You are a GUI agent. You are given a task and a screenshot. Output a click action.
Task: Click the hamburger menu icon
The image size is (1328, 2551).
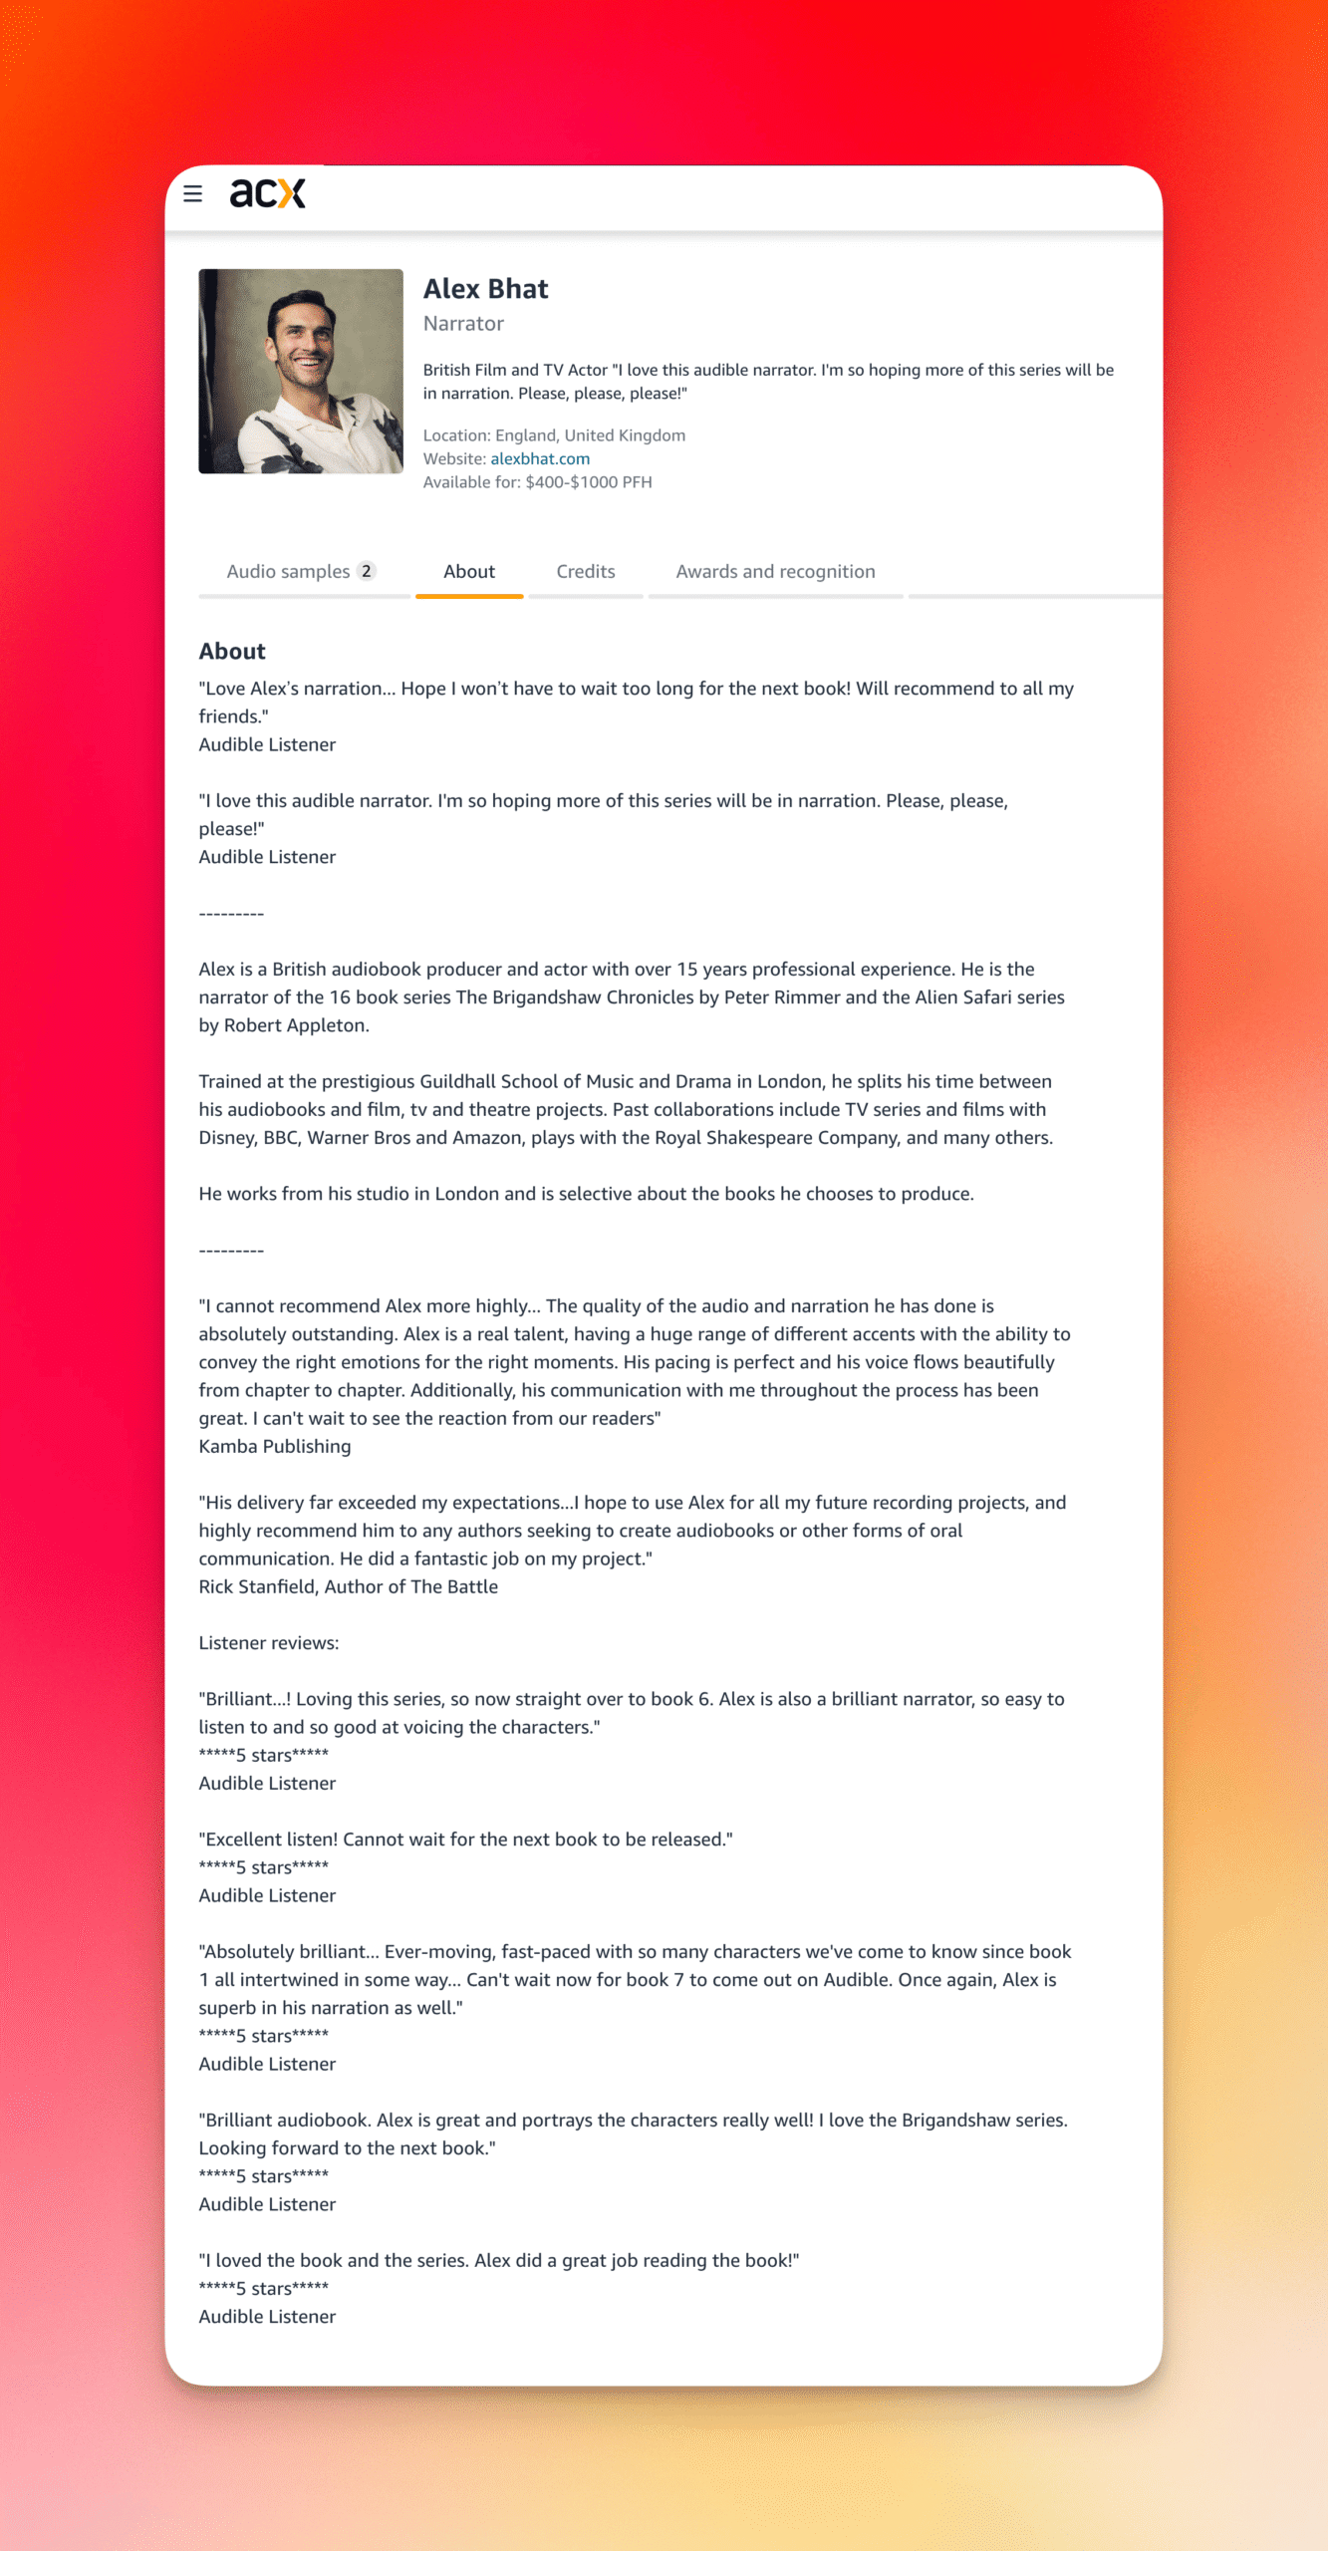193,193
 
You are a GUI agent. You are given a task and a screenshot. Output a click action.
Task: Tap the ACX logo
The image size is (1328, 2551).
267,193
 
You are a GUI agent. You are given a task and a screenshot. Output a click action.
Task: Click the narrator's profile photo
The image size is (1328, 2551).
301,371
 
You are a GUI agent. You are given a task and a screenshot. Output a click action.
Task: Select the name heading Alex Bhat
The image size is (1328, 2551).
485,289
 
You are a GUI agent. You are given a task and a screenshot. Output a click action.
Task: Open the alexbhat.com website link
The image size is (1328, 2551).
540,458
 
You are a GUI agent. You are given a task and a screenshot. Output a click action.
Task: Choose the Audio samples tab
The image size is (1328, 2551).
288,571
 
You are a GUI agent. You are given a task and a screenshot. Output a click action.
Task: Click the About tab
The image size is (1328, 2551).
469,571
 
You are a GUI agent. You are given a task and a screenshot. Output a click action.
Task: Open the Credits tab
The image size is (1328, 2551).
586,571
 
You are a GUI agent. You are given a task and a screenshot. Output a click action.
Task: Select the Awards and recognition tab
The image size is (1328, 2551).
775,571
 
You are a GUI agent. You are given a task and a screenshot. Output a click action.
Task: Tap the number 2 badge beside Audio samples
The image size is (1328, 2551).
367,571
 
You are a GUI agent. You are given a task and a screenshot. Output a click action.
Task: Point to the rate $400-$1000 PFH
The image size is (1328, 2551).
588,482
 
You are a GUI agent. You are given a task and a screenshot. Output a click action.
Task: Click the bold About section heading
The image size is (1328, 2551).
232,651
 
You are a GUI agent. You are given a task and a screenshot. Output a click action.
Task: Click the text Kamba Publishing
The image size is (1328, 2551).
275,1446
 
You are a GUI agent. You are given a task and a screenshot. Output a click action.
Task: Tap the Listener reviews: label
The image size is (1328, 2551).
269,1642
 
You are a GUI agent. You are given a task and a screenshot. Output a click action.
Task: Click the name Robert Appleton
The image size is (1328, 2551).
296,1024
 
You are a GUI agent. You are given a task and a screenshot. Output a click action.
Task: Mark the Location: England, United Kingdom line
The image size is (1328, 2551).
554,435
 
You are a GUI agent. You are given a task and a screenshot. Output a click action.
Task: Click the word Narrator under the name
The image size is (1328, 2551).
463,324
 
